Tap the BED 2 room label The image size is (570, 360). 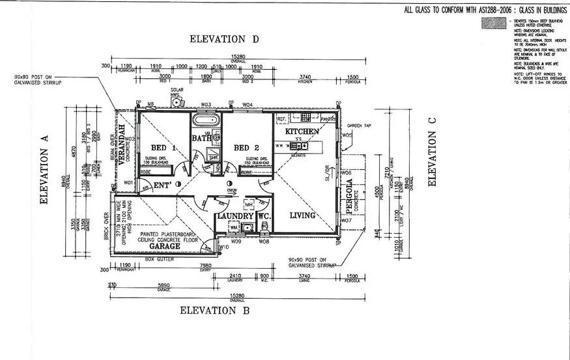[x=247, y=146]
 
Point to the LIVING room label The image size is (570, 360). [x=302, y=215]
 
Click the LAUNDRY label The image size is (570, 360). [x=235, y=215]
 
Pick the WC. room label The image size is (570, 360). [x=264, y=215]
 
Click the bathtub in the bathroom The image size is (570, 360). [x=206, y=121]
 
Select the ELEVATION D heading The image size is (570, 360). [x=224, y=39]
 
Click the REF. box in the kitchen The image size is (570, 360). [x=282, y=119]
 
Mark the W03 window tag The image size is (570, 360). [x=206, y=104]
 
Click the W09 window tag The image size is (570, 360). [x=236, y=242]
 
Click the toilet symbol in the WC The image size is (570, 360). [x=264, y=228]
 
